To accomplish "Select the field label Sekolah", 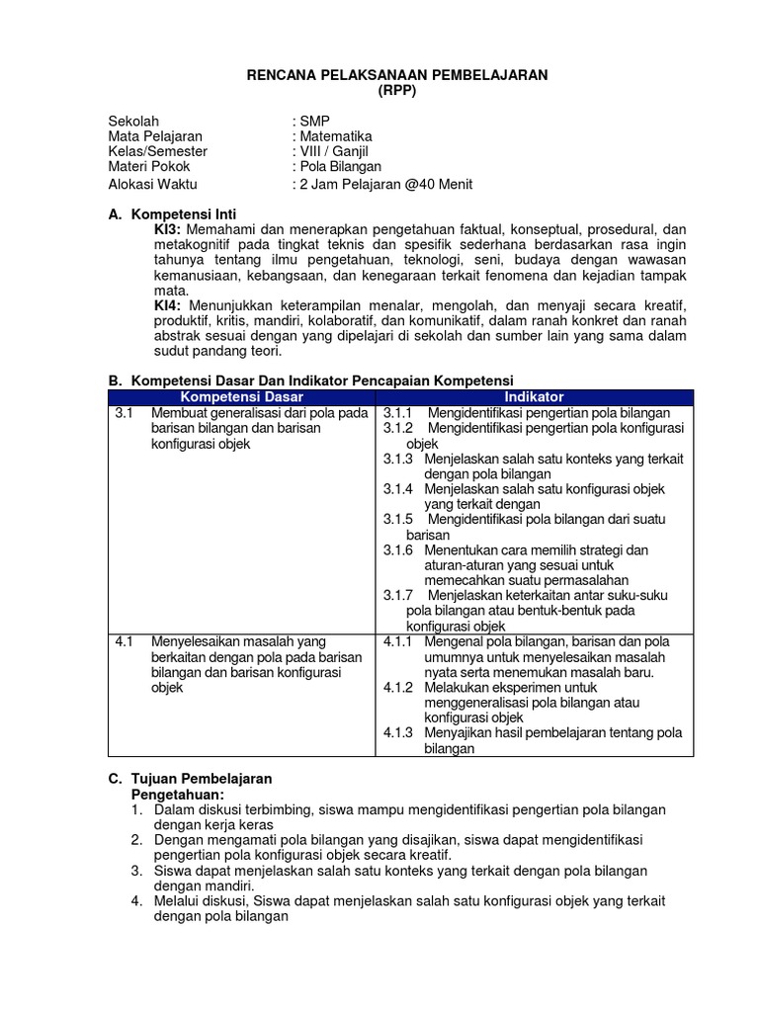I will click(133, 121).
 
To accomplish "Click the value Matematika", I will click(336, 136).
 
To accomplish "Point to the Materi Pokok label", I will click(149, 167).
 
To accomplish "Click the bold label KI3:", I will click(168, 229).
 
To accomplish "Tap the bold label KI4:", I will click(168, 304).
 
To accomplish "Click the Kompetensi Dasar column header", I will click(242, 396).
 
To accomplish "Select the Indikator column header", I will click(535, 396).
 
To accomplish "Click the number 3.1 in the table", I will click(124, 413).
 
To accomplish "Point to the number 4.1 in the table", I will click(124, 641).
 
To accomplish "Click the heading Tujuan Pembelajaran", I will click(202, 779).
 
